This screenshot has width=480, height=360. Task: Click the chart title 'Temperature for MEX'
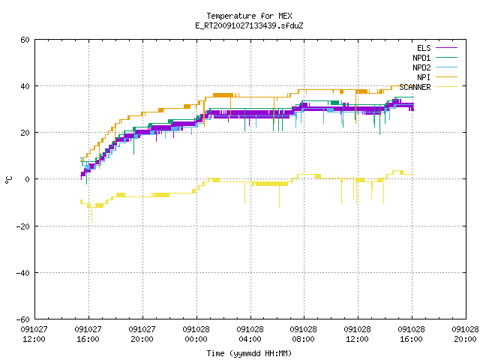pyautogui.click(x=249, y=16)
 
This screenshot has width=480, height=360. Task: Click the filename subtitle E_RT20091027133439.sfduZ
pyautogui.click(x=249, y=25)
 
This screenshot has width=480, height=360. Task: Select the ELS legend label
pyautogui.click(x=424, y=48)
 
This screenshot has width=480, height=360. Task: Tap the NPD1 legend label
pyautogui.click(x=421, y=58)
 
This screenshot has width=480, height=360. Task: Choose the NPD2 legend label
pyautogui.click(x=421, y=67)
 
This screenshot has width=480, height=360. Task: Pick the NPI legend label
pyautogui.click(x=424, y=77)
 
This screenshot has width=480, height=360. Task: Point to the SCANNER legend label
pyautogui.click(x=415, y=87)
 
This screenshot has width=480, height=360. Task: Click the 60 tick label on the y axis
pyautogui.click(x=25, y=40)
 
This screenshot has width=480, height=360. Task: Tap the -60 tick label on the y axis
pyautogui.click(x=23, y=319)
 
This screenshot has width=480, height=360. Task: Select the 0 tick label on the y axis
pyautogui.click(x=28, y=179)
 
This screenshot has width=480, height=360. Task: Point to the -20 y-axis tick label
pyautogui.click(x=23, y=226)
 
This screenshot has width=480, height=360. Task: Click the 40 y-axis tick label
pyautogui.click(x=25, y=86)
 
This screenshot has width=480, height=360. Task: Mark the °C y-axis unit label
pyautogui.click(x=8, y=180)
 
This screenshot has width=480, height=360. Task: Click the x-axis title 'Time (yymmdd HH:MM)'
pyautogui.click(x=249, y=353)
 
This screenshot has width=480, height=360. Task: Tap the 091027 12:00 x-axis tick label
pyautogui.click(x=34, y=334)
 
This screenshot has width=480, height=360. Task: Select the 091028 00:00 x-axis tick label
pyautogui.click(x=196, y=334)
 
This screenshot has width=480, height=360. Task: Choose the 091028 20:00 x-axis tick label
pyautogui.click(x=465, y=334)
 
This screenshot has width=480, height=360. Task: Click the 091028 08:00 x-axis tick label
pyautogui.click(x=303, y=334)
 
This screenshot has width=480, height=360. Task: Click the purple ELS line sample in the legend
pyautogui.click(x=446, y=48)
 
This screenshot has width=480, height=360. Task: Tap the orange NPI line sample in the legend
pyautogui.click(x=446, y=77)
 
